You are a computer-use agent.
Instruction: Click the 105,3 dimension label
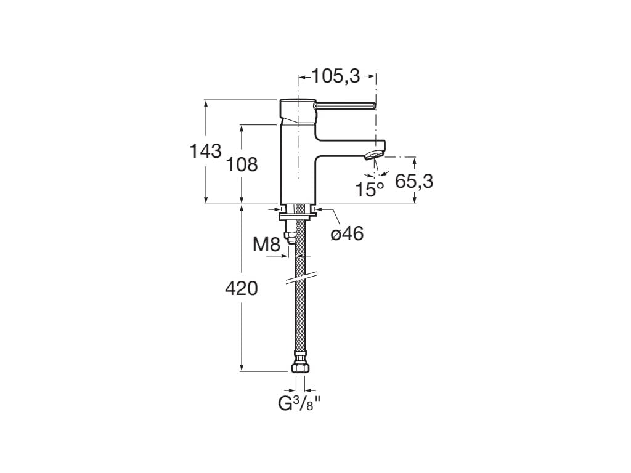pyautogui.click(x=336, y=76)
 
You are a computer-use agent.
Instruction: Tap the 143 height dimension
pyautogui.click(x=205, y=151)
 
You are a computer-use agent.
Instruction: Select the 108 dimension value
pyautogui.click(x=242, y=164)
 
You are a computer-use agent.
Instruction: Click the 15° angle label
pyautogui.click(x=369, y=189)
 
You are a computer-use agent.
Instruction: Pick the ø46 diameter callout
pyautogui.click(x=347, y=233)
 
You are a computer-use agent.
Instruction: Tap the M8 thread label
pyautogui.click(x=267, y=245)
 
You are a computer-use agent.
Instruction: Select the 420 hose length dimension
pyautogui.click(x=242, y=288)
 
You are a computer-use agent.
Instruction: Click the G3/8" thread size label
pyautogui.click(x=299, y=405)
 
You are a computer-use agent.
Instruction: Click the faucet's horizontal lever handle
pyautogui.click(x=345, y=105)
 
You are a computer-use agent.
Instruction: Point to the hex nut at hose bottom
pyautogui.click(x=299, y=366)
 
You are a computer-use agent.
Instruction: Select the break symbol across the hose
pyautogui.click(x=299, y=278)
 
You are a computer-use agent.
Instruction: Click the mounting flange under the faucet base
pyautogui.click(x=298, y=215)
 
